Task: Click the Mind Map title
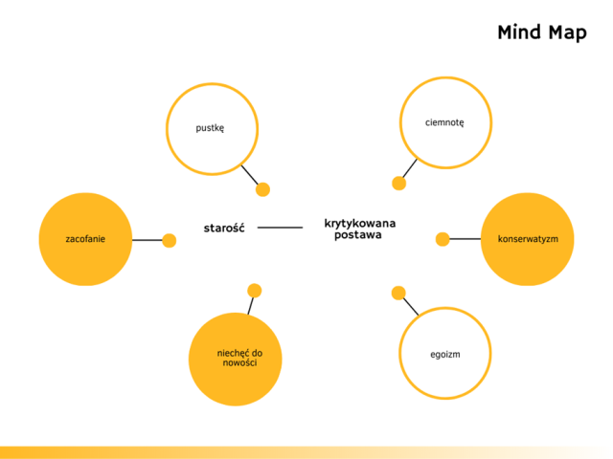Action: coord(541,33)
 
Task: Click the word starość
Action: coord(224,228)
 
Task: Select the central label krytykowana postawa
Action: coord(359,229)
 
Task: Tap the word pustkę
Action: coord(210,127)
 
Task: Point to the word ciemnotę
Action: coord(444,122)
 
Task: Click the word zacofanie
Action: coord(85,238)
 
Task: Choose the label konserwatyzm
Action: coord(528,238)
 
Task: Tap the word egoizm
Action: coord(445,355)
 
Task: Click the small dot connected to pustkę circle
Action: coord(263,189)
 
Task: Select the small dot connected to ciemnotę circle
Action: coord(399,183)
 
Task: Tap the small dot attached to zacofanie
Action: coord(170,240)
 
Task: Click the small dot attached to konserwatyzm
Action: coord(443,239)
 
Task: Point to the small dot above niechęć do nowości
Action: coord(254,291)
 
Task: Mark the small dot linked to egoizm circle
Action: coord(398,293)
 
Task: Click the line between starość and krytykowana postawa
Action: coord(280,228)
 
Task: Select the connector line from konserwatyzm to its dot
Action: coord(465,239)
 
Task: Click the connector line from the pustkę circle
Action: coord(249,174)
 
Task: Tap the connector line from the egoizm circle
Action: coord(411,306)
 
